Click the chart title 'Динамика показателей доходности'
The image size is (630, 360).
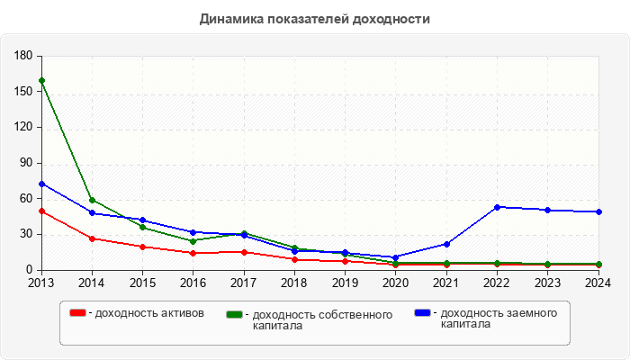[x=314, y=19]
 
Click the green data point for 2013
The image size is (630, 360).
[x=41, y=81]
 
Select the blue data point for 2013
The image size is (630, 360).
[x=41, y=184]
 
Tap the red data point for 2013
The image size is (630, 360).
[x=41, y=211]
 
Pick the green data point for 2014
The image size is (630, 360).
[x=92, y=200]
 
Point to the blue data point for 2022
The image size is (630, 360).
[x=497, y=207]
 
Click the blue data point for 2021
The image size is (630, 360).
[x=446, y=244]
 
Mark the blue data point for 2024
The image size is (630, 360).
[x=598, y=211]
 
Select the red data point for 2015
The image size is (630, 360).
[x=142, y=247]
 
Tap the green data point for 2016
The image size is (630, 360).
[x=193, y=241]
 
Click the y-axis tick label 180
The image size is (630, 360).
[x=23, y=56]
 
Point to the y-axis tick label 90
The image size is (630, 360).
[x=26, y=163]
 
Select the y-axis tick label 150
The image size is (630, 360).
[x=23, y=92]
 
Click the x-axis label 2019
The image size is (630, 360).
[x=345, y=283]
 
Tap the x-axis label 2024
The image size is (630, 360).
[x=598, y=283]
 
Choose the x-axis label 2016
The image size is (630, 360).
[x=193, y=283]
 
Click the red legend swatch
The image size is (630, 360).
[x=78, y=313]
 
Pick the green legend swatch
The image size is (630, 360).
[x=234, y=314]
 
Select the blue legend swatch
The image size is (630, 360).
[x=421, y=313]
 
